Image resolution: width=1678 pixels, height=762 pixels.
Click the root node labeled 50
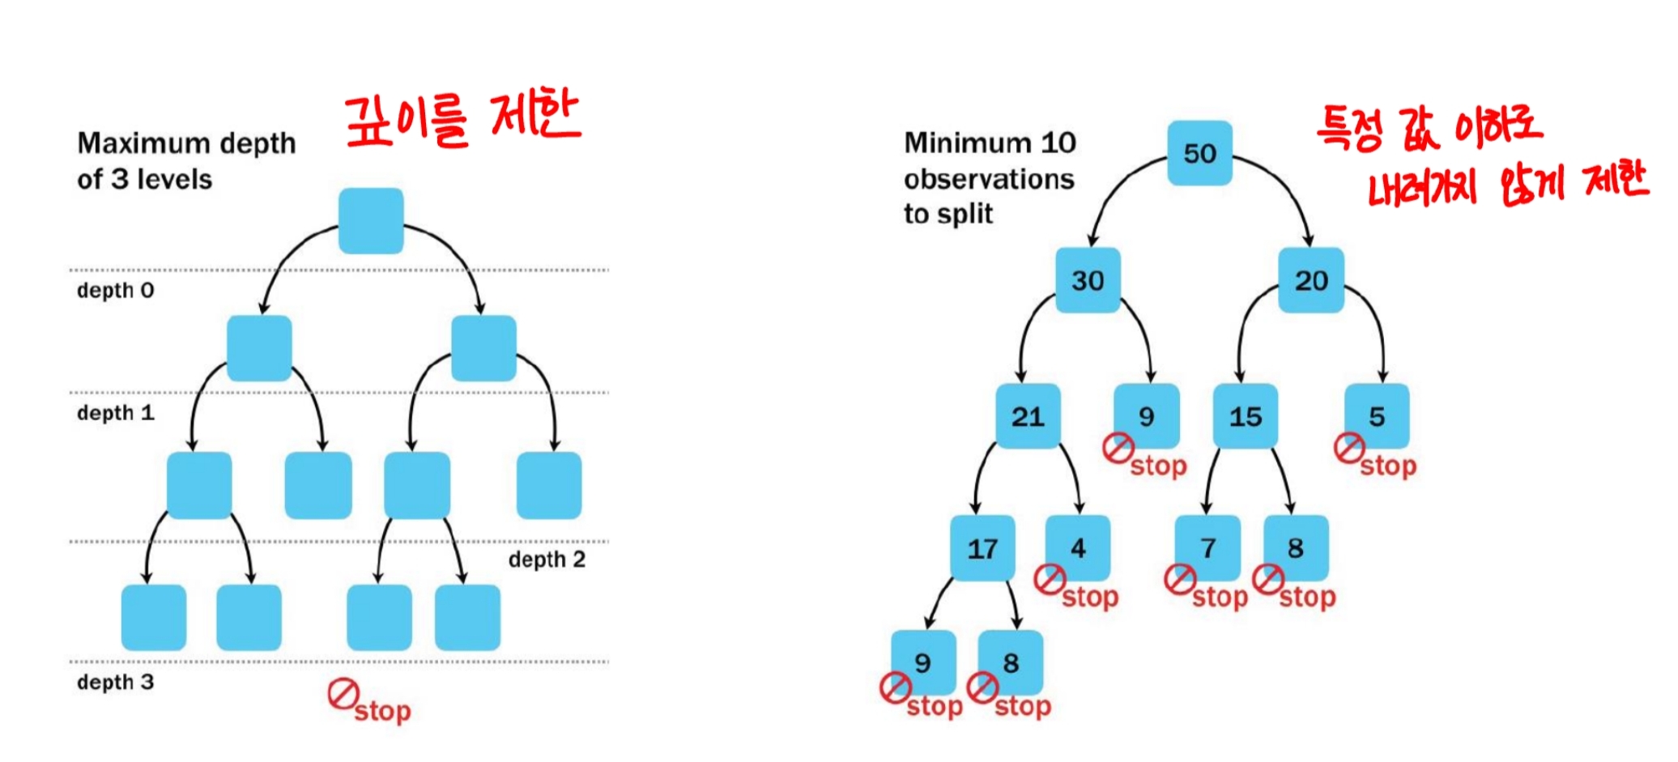click(1199, 153)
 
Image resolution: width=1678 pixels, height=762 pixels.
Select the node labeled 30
click(1088, 280)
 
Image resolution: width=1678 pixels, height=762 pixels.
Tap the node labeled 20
click(1310, 280)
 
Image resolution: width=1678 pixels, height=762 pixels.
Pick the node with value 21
click(1028, 416)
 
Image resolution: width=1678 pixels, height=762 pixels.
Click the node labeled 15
click(1245, 416)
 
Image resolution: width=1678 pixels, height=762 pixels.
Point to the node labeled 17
click(982, 548)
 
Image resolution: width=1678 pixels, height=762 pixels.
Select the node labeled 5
click(1377, 416)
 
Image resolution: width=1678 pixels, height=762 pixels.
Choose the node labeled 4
click(1078, 547)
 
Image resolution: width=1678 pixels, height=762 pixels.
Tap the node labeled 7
click(1207, 547)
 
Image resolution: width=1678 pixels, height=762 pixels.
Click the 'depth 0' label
click(115, 290)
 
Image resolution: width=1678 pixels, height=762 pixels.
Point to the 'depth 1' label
click(115, 412)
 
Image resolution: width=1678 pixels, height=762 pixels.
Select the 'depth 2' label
click(547, 559)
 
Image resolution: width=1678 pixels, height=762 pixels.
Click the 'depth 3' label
click(115, 682)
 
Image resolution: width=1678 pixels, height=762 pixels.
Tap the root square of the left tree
click(371, 220)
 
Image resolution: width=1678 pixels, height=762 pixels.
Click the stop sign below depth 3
click(343, 695)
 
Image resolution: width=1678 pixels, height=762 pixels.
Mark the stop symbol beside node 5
click(1349, 448)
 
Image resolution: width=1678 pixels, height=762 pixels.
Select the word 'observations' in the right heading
click(989, 179)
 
